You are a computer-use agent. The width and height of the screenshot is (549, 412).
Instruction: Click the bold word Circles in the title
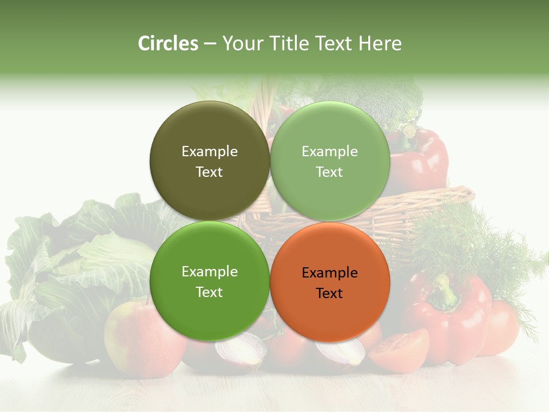click(x=168, y=43)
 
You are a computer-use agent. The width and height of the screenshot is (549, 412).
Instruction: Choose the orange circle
click(x=329, y=282)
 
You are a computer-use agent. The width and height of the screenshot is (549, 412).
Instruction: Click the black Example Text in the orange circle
click(x=329, y=283)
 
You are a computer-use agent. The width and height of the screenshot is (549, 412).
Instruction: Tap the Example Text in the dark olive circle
click(x=209, y=161)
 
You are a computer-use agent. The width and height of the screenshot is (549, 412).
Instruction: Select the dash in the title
click(x=210, y=43)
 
